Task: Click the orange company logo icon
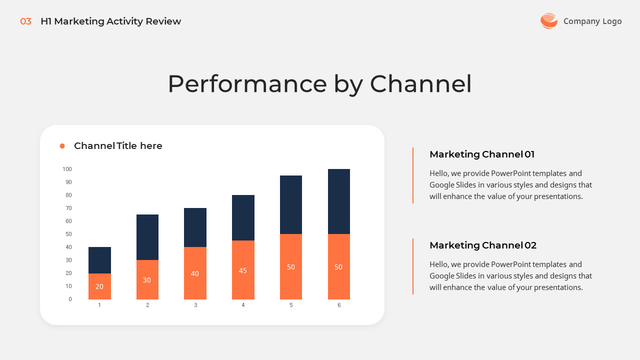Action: point(548,21)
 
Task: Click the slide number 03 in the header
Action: point(25,21)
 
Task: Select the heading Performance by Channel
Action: point(319,84)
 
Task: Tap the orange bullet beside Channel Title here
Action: point(62,146)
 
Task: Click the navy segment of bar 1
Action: point(99,260)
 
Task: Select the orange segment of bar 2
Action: point(147,279)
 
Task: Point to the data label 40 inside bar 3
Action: point(195,273)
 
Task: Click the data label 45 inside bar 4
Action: point(243,270)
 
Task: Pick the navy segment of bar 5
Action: point(291,204)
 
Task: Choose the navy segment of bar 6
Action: point(339,201)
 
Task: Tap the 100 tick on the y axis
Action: point(67,169)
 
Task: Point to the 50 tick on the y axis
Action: point(68,234)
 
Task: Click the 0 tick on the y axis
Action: point(70,299)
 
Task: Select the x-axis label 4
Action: point(243,305)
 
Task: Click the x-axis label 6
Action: point(339,305)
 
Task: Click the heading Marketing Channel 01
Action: point(482,154)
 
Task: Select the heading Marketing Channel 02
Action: point(483,245)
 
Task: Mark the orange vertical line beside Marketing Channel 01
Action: point(413,175)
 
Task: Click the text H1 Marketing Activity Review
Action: point(110,21)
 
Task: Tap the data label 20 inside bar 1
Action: point(99,286)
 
